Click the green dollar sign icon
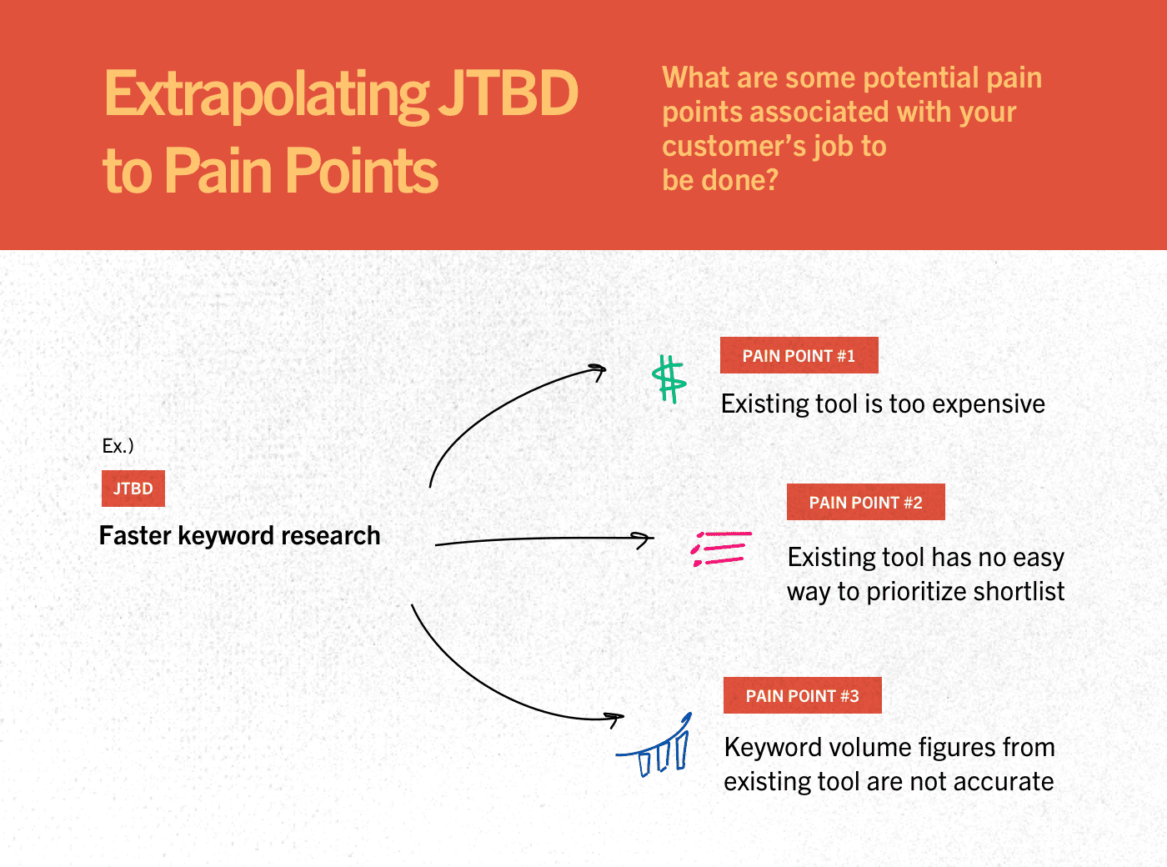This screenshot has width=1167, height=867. click(669, 379)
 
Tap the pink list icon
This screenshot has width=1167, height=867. click(721, 549)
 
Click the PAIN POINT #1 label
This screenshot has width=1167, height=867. click(799, 355)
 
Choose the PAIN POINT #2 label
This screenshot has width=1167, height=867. click(865, 502)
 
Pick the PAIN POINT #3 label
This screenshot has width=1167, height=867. click(803, 695)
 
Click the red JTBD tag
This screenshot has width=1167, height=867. click(133, 489)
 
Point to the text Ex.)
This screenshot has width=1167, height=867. click(118, 446)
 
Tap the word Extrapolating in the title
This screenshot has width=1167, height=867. click(266, 95)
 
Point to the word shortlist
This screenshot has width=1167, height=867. click(1019, 590)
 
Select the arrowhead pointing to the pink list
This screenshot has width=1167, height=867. click(646, 539)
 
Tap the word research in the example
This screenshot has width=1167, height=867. click(330, 535)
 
